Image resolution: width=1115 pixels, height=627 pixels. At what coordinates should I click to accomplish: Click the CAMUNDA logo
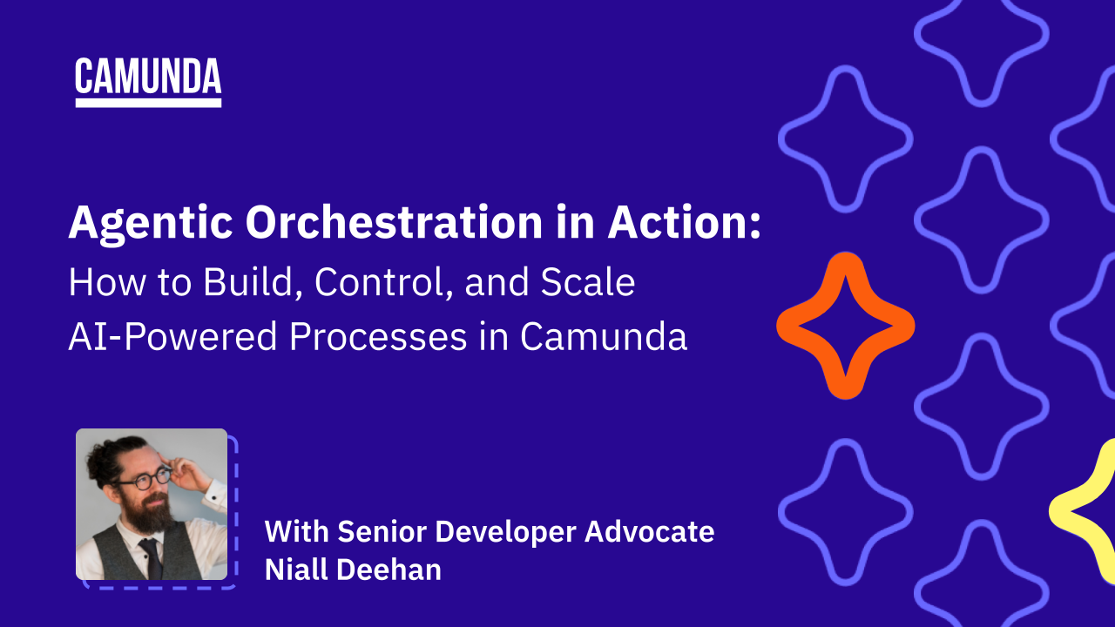pyautogui.click(x=148, y=82)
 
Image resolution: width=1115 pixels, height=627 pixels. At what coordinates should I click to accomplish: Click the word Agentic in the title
pyautogui.click(x=151, y=224)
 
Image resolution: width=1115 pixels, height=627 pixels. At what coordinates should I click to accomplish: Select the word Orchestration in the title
pyautogui.click(x=394, y=222)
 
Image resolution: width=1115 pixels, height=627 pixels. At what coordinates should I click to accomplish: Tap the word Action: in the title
pyautogui.click(x=685, y=222)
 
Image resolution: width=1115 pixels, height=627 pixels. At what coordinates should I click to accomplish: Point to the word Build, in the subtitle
pyautogui.click(x=253, y=283)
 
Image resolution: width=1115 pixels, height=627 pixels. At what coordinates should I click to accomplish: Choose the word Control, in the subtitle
pyautogui.click(x=384, y=283)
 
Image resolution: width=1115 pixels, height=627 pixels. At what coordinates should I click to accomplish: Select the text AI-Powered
pyautogui.click(x=172, y=336)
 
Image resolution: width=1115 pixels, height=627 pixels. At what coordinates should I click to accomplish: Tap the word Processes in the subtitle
pyautogui.click(x=378, y=336)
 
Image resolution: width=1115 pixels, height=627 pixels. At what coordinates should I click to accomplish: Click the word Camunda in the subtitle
pyautogui.click(x=604, y=336)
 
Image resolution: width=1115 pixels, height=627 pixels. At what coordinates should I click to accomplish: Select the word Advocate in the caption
pyautogui.click(x=650, y=531)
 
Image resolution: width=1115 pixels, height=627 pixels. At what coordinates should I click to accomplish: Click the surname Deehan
pyautogui.click(x=389, y=570)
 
